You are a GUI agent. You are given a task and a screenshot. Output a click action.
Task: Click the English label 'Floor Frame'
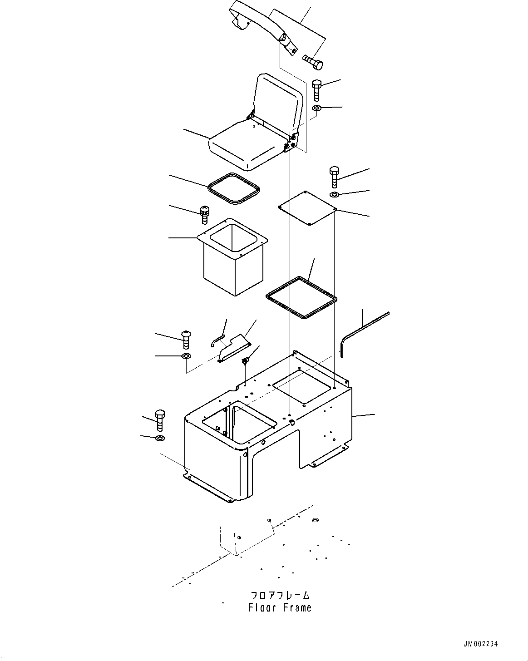point(280,607)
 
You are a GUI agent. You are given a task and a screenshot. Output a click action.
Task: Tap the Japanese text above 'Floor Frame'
point(280,595)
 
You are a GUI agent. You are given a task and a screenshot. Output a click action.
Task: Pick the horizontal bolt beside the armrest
point(313,62)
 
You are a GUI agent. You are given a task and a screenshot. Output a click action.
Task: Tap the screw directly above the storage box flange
point(204,214)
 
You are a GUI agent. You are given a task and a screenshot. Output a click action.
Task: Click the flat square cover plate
point(307,207)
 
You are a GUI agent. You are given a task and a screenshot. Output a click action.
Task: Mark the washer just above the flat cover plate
point(334,195)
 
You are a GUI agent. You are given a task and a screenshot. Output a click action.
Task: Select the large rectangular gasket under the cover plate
point(301,296)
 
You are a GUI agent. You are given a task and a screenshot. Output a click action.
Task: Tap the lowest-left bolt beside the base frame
point(160,420)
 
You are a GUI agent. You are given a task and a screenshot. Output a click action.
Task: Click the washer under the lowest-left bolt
point(160,438)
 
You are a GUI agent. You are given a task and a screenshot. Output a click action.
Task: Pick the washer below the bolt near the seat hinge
point(317,108)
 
